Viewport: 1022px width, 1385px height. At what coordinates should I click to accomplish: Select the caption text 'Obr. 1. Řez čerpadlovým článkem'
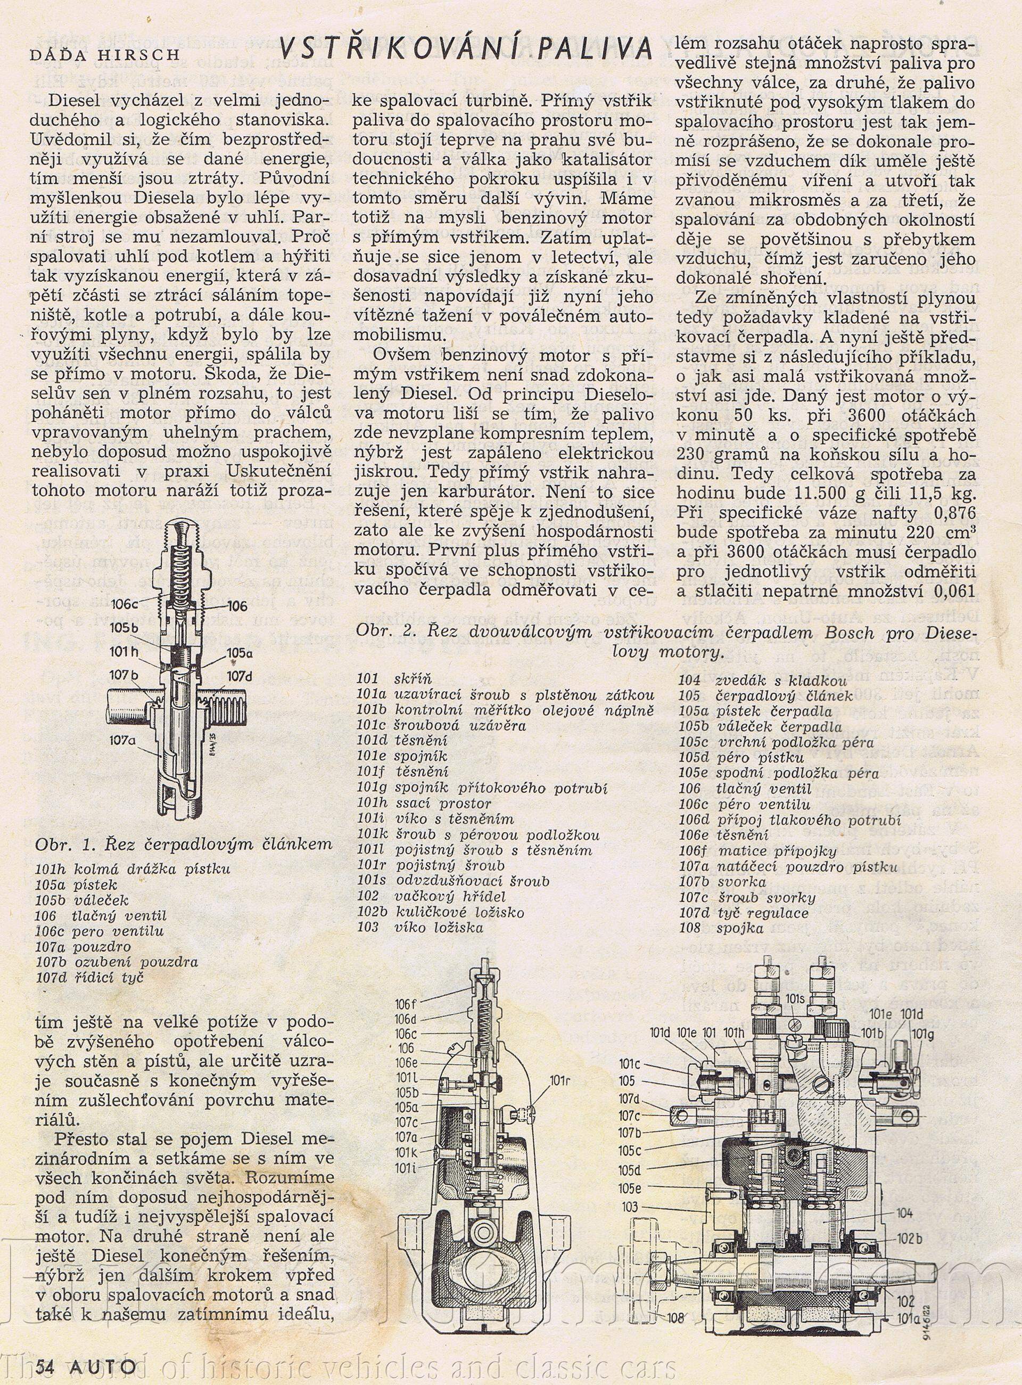pos(184,844)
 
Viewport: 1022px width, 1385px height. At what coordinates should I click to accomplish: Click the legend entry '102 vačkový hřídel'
pos(431,897)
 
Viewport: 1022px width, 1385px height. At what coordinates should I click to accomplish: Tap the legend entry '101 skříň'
pos(394,679)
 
